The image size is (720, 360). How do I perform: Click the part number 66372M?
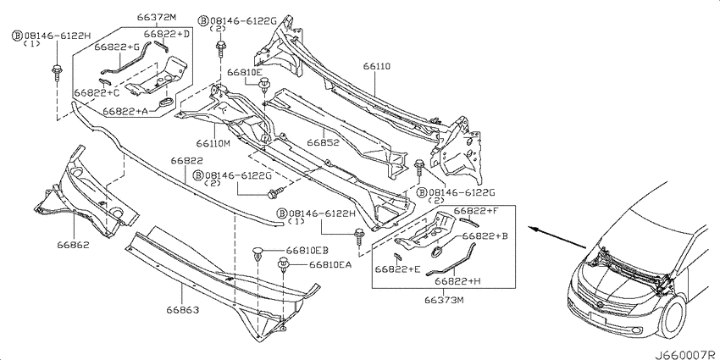[x=157, y=18]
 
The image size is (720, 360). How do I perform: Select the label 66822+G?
[x=117, y=47]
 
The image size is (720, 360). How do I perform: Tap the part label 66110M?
[x=213, y=143]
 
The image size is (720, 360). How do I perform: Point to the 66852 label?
[x=324, y=142]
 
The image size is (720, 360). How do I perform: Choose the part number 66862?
[x=73, y=245]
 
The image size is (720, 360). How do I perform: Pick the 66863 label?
[x=183, y=310]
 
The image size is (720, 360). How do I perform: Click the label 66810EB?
[x=307, y=250]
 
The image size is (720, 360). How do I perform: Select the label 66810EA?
[x=330, y=264]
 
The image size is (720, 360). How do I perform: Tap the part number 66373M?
[x=444, y=300]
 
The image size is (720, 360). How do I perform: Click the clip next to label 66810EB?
[x=259, y=254]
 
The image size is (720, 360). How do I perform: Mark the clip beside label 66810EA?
[x=284, y=265]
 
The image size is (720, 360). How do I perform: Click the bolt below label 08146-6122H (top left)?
[x=57, y=73]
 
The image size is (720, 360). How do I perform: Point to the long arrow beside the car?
[x=557, y=237]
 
